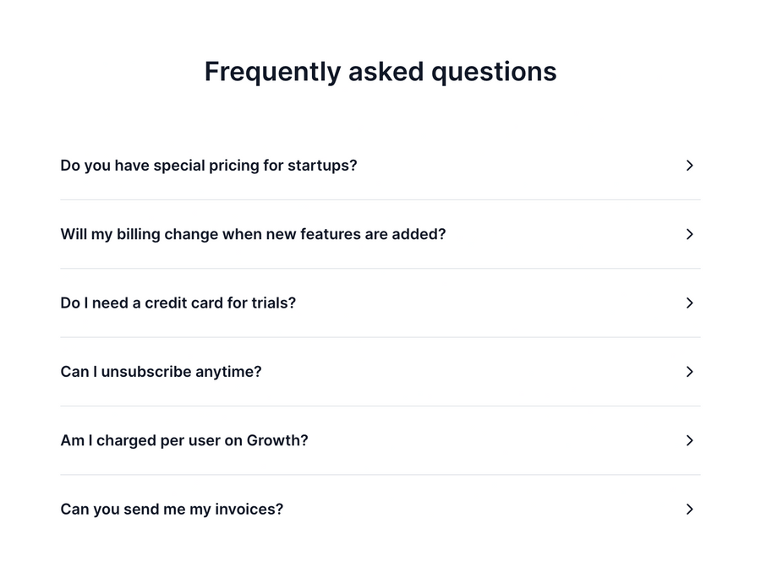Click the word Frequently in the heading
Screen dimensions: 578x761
pyautogui.click(x=271, y=72)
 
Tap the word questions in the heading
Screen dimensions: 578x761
pyautogui.click(x=494, y=72)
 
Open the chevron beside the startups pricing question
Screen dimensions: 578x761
pyautogui.click(x=689, y=166)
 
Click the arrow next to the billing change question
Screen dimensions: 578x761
pyautogui.click(x=689, y=234)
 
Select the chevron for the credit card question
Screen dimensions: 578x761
pyautogui.click(x=689, y=303)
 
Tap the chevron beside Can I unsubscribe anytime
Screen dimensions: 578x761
pyautogui.click(x=689, y=372)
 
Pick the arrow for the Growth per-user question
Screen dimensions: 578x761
pyautogui.click(x=689, y=440)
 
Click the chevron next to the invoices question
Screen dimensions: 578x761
pyautogui.click(x=689, y=510)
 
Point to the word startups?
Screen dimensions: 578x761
pyautogui.click(x=322, y=166)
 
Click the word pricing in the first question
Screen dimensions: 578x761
pyautogui.click(x=232, y=166)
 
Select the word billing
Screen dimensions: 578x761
pyautogui.click(x=138, y=234)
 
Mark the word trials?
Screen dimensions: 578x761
pyautogui.click(x=273, y=303)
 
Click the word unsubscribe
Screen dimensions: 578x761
pyautogui.click(x=145, y=372)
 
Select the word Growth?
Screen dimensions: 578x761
pyautogui.click(x=277, y=440)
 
